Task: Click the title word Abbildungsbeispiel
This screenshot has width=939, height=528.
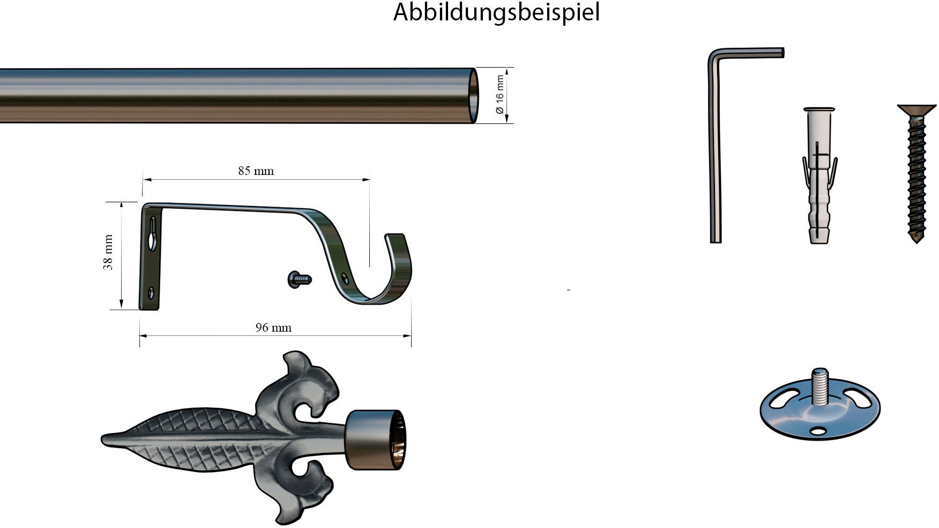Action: (x=496, y=13)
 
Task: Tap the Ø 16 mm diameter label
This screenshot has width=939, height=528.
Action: (x=500, y=94)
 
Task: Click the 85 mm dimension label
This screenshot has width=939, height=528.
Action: (x=256, y=171)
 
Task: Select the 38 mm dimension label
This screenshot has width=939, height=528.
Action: (x=108, y=252)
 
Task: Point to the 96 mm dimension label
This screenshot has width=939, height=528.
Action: (x=273, y=327)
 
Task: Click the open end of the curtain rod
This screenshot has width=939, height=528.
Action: (x=474, y=96)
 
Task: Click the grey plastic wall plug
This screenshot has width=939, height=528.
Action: (x=819, y=175)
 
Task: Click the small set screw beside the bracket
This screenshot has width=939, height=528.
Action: (x=300, y=279)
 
